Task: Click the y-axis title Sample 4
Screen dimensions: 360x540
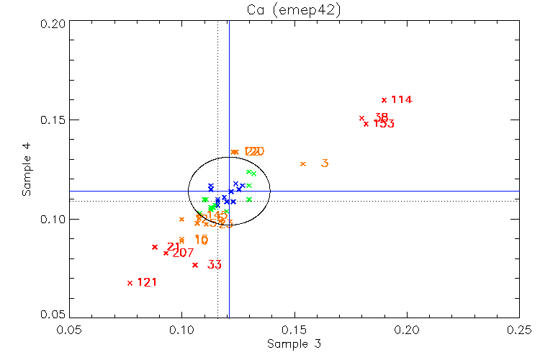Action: coord(27,170)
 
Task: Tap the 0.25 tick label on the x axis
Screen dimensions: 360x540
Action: coord(519,328)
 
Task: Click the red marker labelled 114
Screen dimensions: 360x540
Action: coord(384,100)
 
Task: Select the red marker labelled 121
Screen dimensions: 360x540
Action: coord(130,283)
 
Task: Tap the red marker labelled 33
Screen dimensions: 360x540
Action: coord(195,265)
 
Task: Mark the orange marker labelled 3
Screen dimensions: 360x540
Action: coord(303,164)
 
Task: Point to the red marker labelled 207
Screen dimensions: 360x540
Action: coord(166,253)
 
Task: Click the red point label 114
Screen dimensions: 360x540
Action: coord(402,100)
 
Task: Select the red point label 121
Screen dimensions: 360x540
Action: coord(147,282)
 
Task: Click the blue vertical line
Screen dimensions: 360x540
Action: coord(229,144)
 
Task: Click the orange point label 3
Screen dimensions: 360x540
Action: coord(325,163)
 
